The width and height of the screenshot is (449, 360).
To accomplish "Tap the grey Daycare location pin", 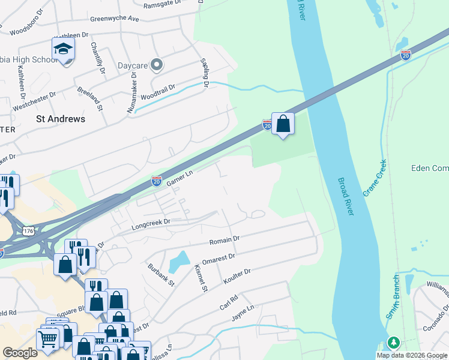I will click(x=157, y=64).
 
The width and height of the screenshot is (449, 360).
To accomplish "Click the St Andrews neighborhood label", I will click(x=61, y=119).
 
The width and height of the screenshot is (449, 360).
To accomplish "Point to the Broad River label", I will click(x=350, y=199).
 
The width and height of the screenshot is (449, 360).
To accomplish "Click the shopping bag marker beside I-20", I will click(x=283, y=125).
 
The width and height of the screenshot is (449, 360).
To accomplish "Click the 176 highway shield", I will click(x=28, y=230).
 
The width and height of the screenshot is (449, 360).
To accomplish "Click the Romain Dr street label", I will click(x=224, y=241).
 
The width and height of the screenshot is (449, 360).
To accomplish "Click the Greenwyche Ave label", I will click(x=115, y=19).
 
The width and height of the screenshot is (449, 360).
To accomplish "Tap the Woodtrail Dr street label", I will click(x=158, y=89).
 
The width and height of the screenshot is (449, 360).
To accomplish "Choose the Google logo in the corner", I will click(x=20, y=353).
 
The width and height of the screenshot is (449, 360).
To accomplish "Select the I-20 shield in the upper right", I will click(x=406, y=55).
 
